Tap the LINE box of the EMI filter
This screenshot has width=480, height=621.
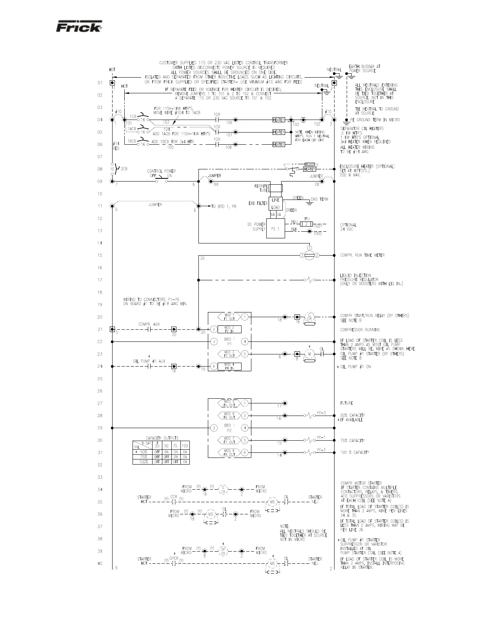pyautogui.click(x=276, y=200)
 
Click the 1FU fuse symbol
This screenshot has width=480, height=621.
pyautogui.click(x=306, y=224)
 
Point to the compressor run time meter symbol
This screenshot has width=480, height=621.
pyautogui.click(x=310, y=255)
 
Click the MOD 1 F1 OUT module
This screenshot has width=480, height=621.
pyautogui.click(x=229, y=317)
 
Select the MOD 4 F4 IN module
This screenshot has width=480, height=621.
pyautogui.click(x=229, y=366)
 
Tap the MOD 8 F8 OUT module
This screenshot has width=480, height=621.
pyautogui.click(x=229, y=452)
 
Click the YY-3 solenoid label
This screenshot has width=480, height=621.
pyautogui.click(x=321, y=413)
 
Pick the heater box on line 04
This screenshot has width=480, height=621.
pyautogui.click(x=278, y=120)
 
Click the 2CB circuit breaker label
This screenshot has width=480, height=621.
pyautogui.click(x=124, y=169)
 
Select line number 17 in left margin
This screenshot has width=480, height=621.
pyautogui.click(x=100, y=280)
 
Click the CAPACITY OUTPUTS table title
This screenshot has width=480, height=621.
pyautogui.click(x=162, y=438)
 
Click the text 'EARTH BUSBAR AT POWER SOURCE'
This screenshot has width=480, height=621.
pyautogui.click(x=362, y=69)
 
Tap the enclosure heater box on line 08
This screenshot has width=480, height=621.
pyautogui.click(x=309, y=169)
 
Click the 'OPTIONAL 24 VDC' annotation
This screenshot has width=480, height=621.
pyautogui.click(x=348, y=227)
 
